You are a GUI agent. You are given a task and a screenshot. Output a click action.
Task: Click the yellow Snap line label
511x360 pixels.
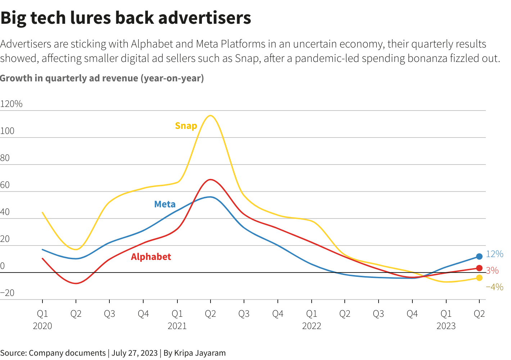tap(186, 126)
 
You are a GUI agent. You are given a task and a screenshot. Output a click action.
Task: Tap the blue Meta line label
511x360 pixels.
tap(165, 204)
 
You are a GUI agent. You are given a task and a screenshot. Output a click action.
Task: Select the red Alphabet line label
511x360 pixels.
tap(151, 257)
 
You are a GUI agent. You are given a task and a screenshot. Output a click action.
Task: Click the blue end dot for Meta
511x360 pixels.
tap(479, 257)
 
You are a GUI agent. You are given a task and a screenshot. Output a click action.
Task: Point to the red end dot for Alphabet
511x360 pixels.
tap(479, 268)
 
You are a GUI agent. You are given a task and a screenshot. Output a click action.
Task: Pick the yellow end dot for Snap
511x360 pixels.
tap(479, 278)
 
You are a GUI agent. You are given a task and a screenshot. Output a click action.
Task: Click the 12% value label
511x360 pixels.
tap(494, 254)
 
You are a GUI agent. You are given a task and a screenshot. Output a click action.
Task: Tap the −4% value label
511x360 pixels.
tap(494, 287)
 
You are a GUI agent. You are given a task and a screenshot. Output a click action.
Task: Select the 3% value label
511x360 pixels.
tap(492, 270)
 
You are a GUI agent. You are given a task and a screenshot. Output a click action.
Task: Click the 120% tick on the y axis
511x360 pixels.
tap(12, 104)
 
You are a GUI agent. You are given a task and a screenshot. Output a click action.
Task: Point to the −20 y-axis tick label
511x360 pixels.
tap(8, 293)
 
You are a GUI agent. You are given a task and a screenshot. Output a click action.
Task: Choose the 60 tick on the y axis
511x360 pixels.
tap(5, 185)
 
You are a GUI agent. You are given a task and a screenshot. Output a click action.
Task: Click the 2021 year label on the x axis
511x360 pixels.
tap(177, 326)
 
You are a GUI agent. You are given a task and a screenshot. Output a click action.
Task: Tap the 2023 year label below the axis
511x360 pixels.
tap(446, 326)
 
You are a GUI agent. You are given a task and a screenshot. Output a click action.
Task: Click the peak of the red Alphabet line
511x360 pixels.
tap(211, 179)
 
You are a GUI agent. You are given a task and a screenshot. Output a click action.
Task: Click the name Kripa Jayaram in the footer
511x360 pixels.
tap(200, 353)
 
